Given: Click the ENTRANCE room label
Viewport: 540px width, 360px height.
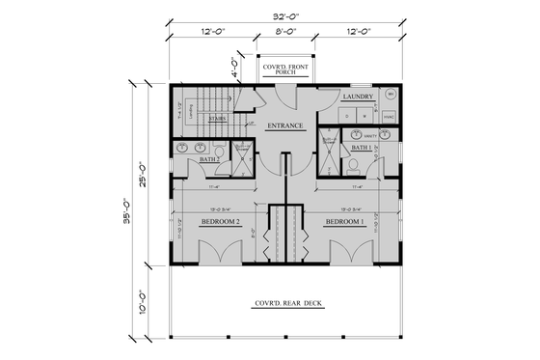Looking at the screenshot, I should coord(285,125).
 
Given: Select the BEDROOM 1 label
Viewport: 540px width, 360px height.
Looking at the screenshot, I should coord(344,222).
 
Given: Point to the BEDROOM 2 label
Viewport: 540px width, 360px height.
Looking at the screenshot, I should coord(220,222).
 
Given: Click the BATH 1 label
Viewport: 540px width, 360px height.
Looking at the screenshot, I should coord(361,148).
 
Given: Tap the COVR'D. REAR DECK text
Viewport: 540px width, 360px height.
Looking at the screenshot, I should coord(285,304).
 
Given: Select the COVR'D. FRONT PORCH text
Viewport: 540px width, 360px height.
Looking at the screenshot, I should coord(285,66).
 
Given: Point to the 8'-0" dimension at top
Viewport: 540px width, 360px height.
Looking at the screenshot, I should coord(285,31).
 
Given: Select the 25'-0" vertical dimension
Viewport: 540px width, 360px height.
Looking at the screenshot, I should coord(148,176).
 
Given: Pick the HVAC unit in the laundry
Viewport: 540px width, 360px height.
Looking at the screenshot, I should coord(389,118).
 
